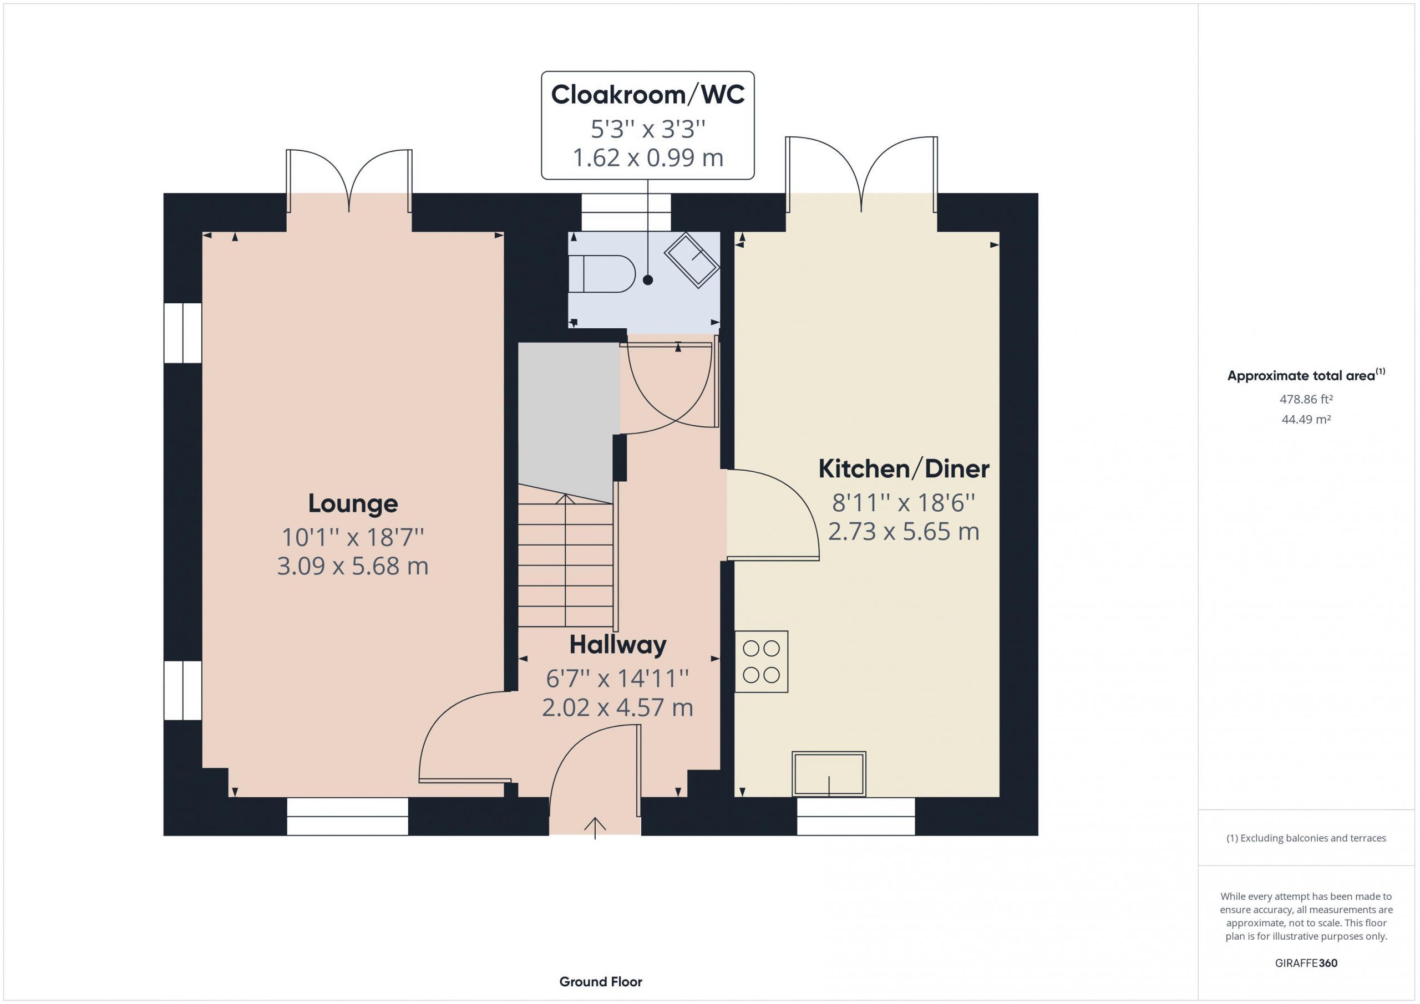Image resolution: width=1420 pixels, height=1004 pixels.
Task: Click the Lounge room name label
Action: (353, 504)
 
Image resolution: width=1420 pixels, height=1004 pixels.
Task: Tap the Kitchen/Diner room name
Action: (904, 469)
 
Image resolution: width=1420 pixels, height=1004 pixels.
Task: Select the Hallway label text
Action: (618, 645)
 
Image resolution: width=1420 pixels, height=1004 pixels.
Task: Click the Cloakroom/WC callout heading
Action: (647, 95)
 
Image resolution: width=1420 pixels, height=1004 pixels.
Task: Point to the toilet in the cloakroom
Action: (602, 273)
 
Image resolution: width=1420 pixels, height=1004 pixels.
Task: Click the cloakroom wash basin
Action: (692, 259)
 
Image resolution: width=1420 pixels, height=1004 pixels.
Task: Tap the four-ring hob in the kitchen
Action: (762, 661)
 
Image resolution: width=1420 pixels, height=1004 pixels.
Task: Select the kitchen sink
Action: (829, 774)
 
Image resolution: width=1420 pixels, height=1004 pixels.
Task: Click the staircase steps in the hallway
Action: (566, 563)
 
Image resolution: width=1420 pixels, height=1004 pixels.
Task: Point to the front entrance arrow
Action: (595, 828)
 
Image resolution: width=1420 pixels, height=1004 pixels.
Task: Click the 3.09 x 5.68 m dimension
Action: (353, 566)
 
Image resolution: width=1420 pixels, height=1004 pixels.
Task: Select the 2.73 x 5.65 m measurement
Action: (904, 532)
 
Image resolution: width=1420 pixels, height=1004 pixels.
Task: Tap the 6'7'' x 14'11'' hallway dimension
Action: (617, 679)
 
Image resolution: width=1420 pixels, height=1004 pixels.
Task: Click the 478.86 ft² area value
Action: (1306, 399)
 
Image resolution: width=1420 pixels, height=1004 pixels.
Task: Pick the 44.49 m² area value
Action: (1306, 419)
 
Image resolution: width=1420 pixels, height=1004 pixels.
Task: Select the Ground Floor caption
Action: (601, 982)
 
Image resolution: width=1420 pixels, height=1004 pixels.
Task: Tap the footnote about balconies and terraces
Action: (1306, 838)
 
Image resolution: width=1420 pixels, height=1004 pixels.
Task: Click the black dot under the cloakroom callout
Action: (647, 280)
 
